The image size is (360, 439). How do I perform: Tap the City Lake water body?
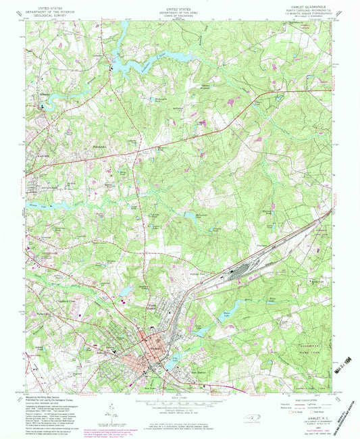177,359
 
